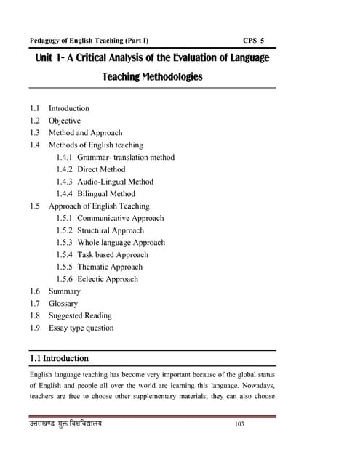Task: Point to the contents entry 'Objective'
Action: pos(65,121)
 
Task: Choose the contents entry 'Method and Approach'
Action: pos(85,133)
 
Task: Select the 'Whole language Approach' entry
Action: pos(121,243)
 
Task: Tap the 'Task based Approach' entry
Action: pos(112,255)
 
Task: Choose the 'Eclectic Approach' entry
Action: pos(108,279)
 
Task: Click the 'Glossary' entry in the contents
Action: pos(63,304)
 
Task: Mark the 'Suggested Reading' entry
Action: pos(80,316)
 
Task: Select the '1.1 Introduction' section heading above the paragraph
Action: pos(60,358)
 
